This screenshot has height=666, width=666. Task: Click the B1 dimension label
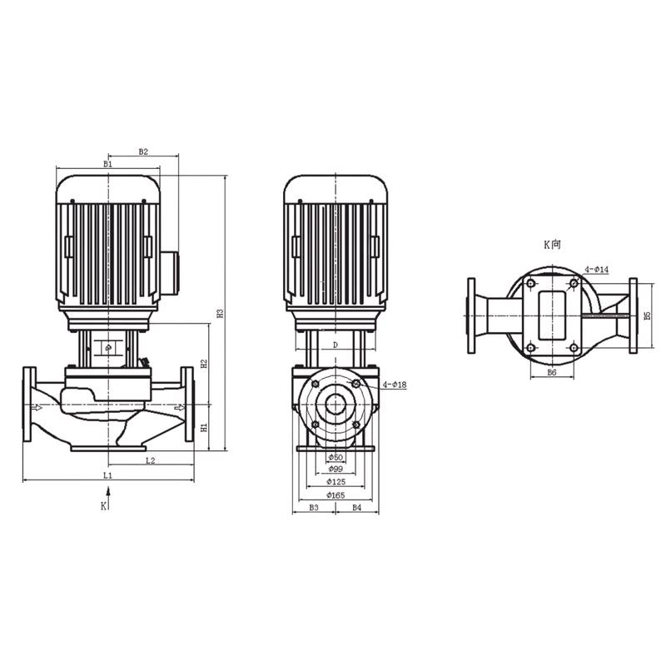pos(107,165)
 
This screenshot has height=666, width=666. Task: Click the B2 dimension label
pos(143,152)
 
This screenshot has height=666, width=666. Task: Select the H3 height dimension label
pos(221,315)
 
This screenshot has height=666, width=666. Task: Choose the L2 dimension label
pos(150,460)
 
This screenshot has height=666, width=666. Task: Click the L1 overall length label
pos(107,475)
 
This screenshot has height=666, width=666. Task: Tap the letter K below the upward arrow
pos(103,505)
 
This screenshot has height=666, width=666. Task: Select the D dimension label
pos(335,344)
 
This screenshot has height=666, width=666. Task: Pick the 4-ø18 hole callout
pos(395,385)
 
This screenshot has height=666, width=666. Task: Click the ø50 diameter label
pos(335,458)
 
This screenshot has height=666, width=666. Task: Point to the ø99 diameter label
pos(335,470)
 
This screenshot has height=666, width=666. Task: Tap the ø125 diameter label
pos(335,482)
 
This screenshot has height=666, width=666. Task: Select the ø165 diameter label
pos(335,495)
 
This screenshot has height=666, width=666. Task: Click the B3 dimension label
pos(314,507)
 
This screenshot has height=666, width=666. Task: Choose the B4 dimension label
pos(356,507)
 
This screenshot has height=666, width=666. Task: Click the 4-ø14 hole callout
pos(597,270)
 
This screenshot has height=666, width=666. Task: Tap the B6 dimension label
pos(551,373)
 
